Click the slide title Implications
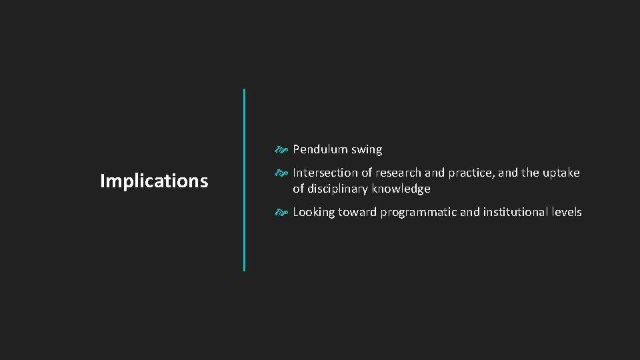pyautogui.click(x=154, y=181)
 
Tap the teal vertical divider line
pyautogui.click(x=244, y=180)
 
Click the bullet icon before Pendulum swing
pyautogui.click(x=282, y=149)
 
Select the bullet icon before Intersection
pyautogui.click(x=282, y=173)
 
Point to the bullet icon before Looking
pyautogui.click(x=282, y=212)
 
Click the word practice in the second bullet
pyautogui.click(x=469, y=173)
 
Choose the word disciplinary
pyautogui.click(x=338, y=189)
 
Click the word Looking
pyautogui.click(x=313, y=213)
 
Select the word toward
pyautogui.click(x=357, y=212)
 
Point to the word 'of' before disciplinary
pyautogui.click(x=298, y=189)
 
